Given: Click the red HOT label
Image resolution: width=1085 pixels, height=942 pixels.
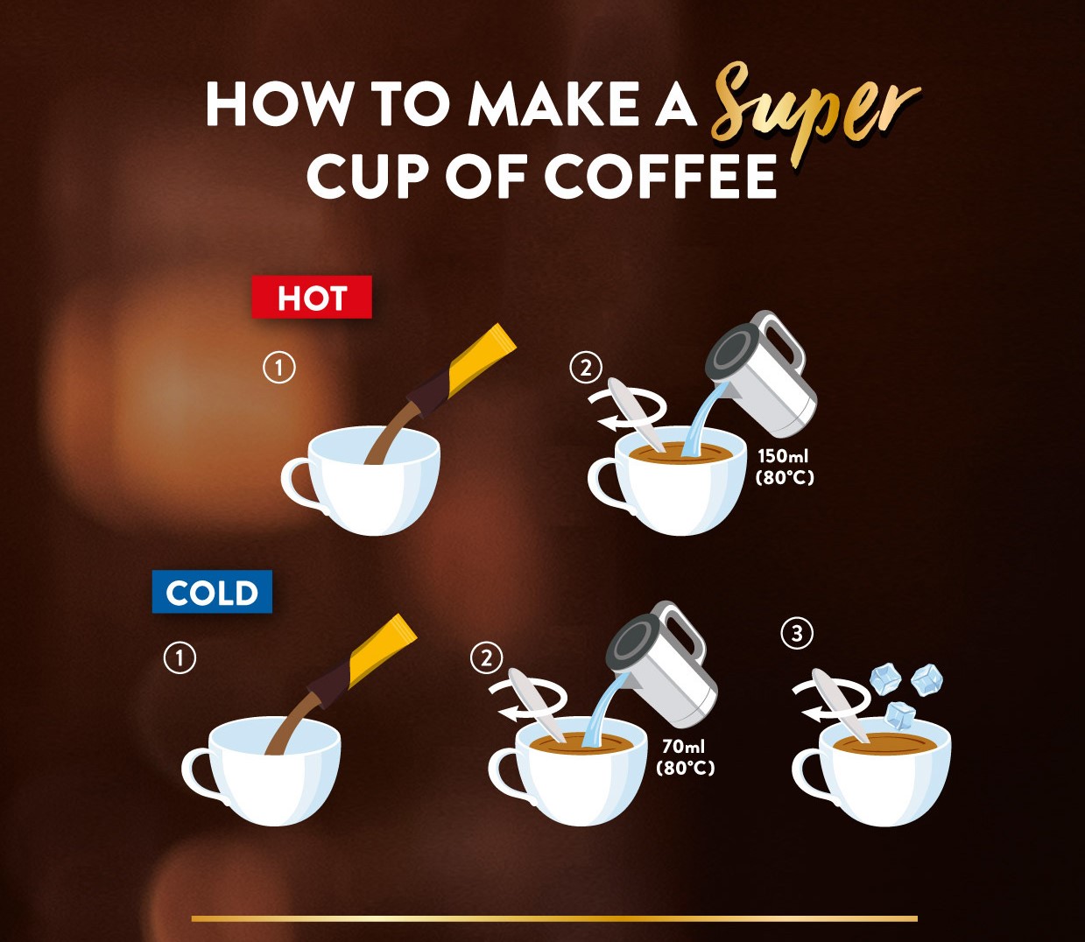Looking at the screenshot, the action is click(312, 297).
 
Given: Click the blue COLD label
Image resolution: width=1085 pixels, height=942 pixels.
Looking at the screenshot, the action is click(212, 592).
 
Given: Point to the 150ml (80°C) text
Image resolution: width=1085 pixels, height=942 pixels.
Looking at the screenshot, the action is click(785, 467).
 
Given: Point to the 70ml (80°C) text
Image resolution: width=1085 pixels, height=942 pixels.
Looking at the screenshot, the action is click(685, 757).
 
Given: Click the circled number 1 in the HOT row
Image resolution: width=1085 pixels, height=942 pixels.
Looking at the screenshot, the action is click(279, 368).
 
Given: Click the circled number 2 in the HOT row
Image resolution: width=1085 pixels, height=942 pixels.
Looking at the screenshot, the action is click(586, 368).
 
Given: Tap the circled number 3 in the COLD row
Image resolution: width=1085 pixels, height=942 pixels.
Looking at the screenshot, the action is click(797, 633).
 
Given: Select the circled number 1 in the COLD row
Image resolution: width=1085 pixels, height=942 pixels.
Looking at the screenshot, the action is click(180, 657).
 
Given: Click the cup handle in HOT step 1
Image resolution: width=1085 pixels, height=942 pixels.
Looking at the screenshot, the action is click(297, 484).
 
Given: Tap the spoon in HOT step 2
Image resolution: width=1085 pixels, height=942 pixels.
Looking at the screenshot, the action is click(634, 413).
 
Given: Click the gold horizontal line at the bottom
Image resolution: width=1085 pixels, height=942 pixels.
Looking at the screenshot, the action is click(554, 918).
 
